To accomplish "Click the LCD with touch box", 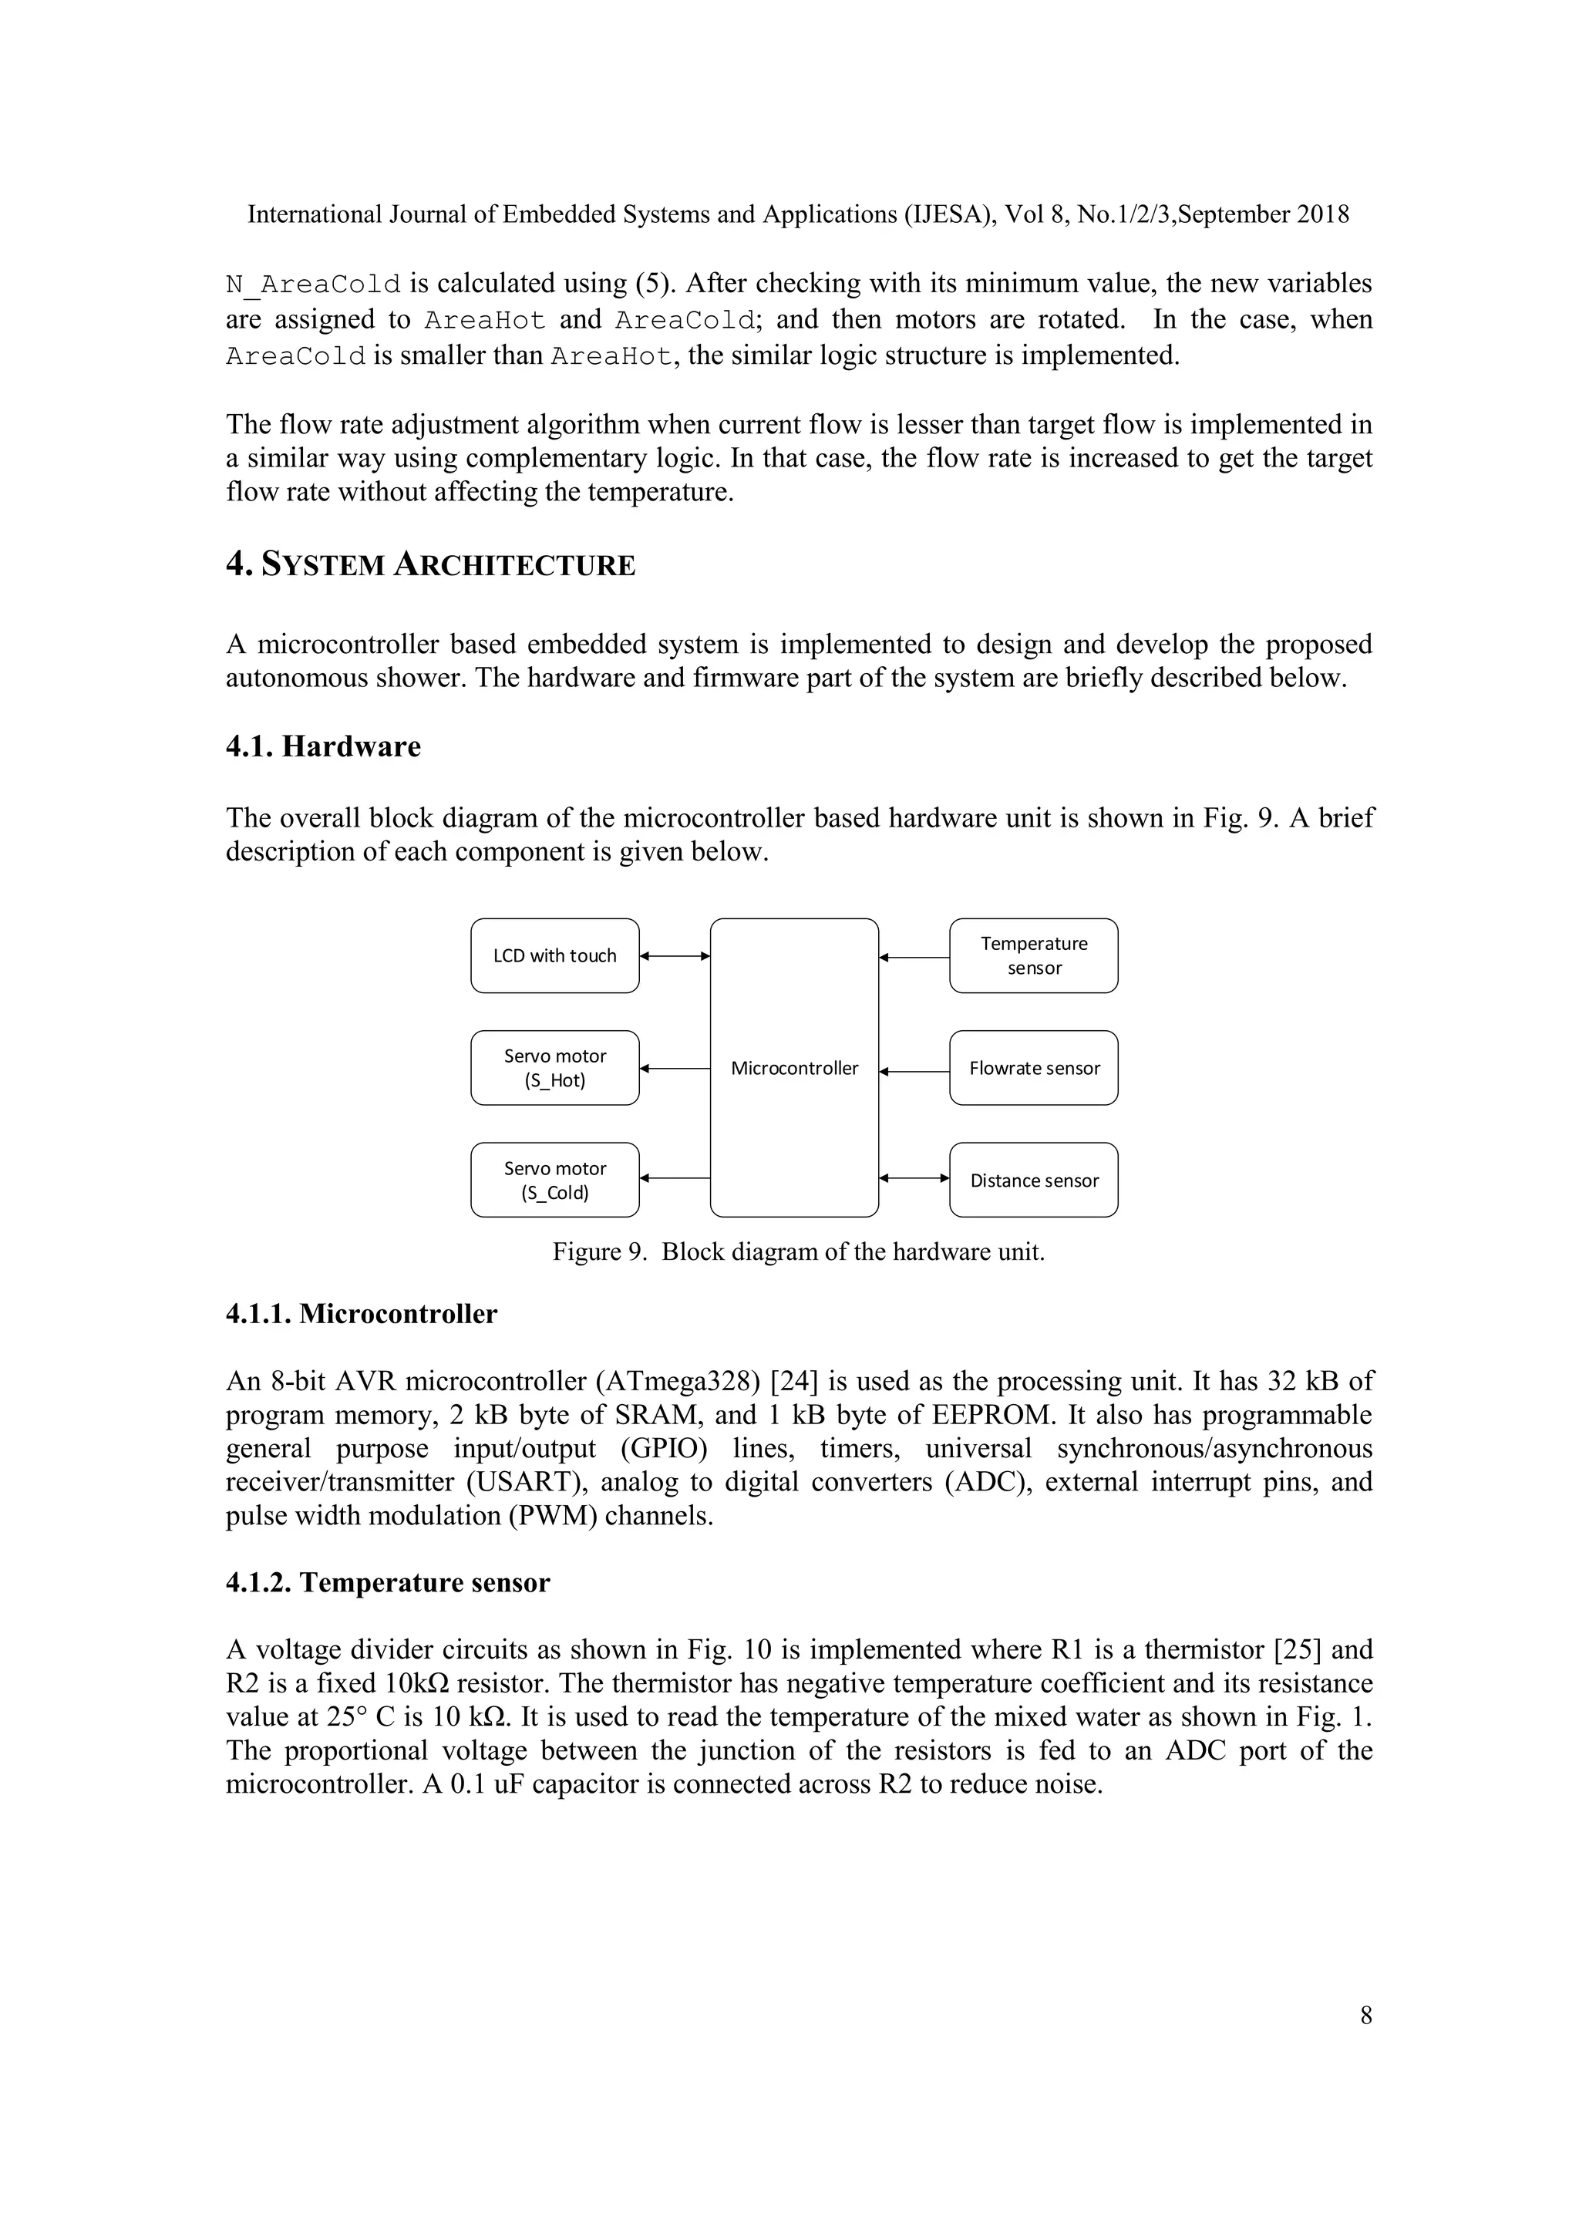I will point(554,955).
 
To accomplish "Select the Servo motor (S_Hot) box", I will point(554,1068).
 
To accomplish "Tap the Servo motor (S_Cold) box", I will point(554,1180).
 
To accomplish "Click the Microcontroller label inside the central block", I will point(794,1068).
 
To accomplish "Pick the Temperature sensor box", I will point(1034,955).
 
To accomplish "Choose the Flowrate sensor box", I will point(1034,1068).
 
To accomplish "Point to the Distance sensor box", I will point(1034,1180).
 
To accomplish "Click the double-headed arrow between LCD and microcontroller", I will point(675,956).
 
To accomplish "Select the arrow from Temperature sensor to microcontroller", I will point(914,958).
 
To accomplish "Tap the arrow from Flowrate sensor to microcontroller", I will point(914,1072).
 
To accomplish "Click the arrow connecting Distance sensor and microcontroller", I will point(914,1177).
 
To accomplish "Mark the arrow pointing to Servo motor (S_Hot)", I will point(675,1069).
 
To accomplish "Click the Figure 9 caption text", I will point(798,1251).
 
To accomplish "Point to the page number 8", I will point(1365,2016).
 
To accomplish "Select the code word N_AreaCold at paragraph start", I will point(313,284).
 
